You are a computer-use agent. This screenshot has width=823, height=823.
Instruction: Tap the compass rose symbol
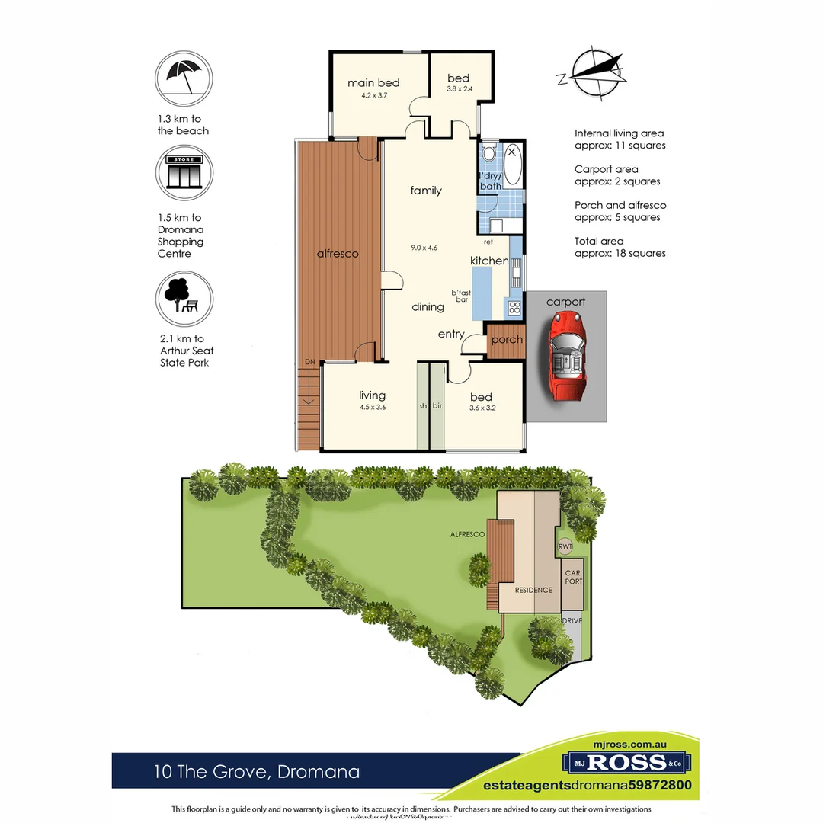pos(594,73)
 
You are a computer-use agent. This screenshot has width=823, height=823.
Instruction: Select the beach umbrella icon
pos(184,76)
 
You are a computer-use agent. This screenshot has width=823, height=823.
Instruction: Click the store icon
pos(184,172)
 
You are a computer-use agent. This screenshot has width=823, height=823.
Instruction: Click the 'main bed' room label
pos(373,83)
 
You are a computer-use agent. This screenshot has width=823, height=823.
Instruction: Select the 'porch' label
pos(506,340)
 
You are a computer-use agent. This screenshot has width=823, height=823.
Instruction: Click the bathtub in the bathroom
pos(511,165)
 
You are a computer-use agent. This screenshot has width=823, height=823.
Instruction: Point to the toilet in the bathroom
pos(489,152)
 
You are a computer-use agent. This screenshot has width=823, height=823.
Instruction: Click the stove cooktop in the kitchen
pos(514,309)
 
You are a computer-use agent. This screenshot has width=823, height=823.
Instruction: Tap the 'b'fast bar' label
pos(461,297)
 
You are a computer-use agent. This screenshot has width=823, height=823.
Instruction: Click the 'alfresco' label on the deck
pos(338,254)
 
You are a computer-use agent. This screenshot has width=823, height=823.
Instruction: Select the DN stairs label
pos(309,361)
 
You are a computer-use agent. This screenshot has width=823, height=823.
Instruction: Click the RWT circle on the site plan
pos(565,546)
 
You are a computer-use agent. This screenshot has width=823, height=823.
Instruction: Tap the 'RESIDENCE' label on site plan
pos(533,590)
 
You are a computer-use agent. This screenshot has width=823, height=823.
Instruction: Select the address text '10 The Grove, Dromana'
pos(256,772)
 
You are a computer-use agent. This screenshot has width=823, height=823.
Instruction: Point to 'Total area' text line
pos(599,242)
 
